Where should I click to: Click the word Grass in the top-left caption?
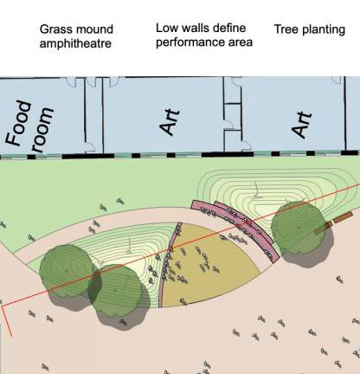53,29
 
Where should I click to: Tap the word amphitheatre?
75,43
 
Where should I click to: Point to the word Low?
166,28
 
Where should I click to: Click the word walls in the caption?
194,28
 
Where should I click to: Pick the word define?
229,28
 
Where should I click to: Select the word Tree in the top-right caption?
285,29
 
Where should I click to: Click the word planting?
322,30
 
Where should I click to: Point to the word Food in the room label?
18,123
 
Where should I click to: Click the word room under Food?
42,130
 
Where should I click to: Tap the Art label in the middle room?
170,122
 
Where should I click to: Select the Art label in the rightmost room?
302,124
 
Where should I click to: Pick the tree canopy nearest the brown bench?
299,228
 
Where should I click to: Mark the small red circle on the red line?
170,248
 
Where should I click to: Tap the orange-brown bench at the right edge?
343,217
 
